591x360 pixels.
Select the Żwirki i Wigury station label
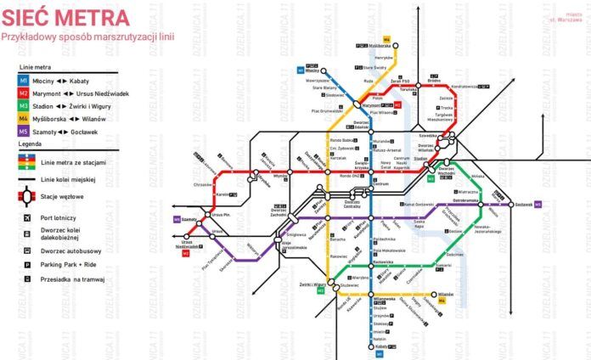click(x=313, y=284)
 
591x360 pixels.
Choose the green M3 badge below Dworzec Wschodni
click(x=431, y=179)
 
